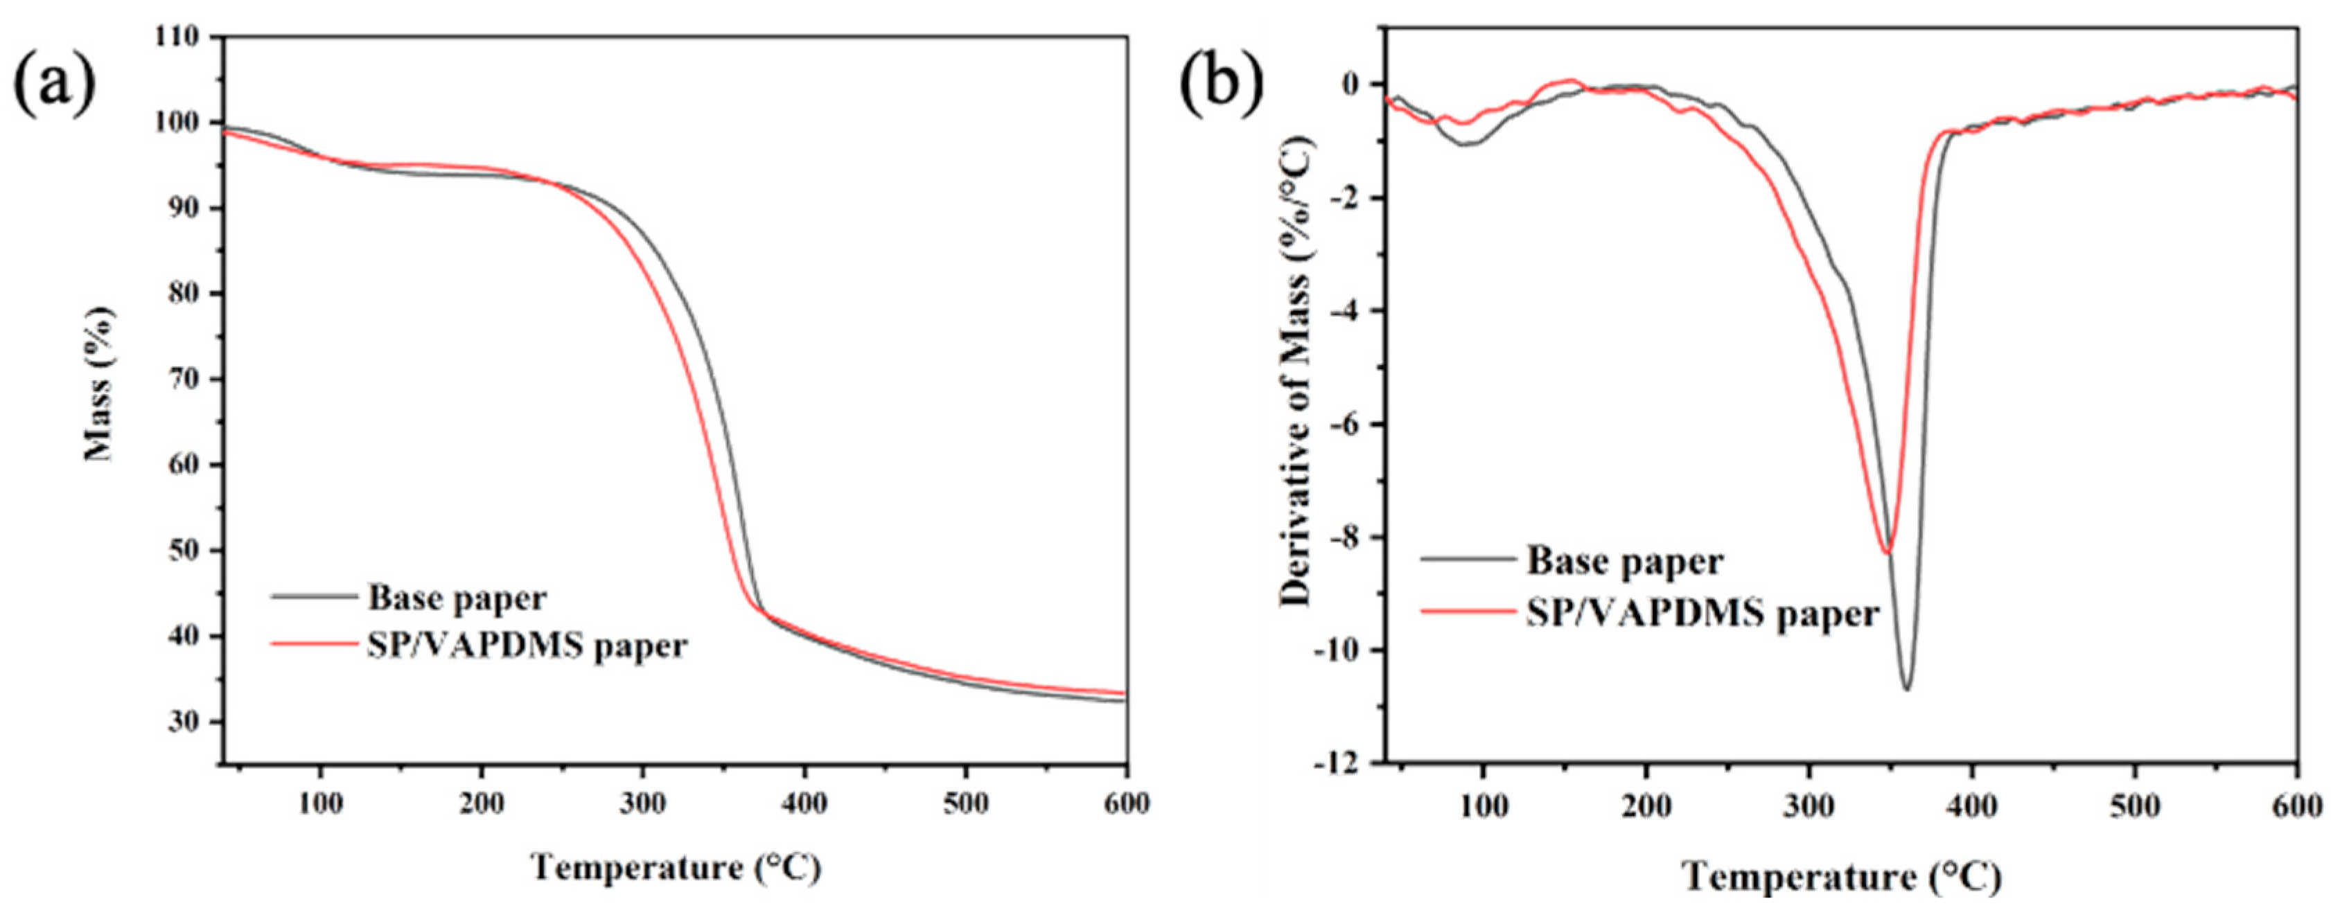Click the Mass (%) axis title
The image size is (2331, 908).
pos(100,384)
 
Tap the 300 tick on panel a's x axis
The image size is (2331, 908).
pos(642,804)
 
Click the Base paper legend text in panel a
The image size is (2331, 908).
pos(457,598)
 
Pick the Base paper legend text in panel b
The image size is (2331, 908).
pos(1625,562)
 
